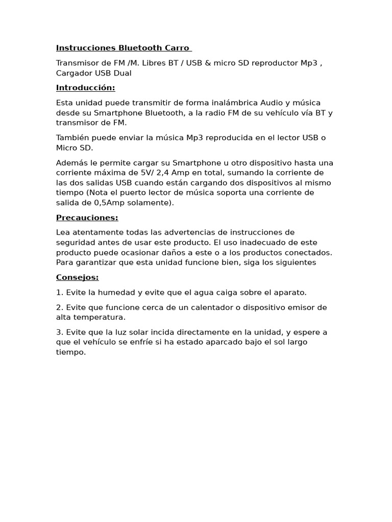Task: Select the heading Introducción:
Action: click(x=85, y=88)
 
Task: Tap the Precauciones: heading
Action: click(x=87, y=218)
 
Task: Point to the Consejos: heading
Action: click(x=77, y=277)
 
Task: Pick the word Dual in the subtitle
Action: click(x=122, y=73)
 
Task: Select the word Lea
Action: click(x=63, y=232)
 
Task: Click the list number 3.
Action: click(x=59, y=332)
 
